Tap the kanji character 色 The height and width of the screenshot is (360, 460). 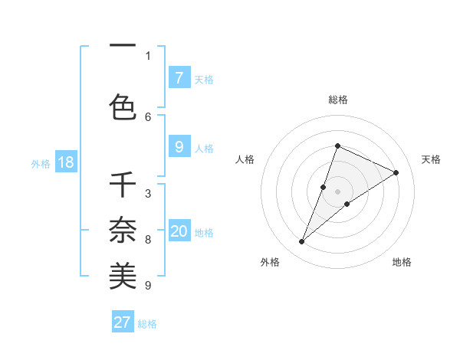tap(123, 106)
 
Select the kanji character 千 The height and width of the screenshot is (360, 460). tap(123, 185)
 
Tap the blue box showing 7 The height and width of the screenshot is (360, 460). tap(179, 78)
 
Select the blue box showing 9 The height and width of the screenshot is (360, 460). tap(179, 147)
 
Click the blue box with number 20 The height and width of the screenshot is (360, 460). tap(179, 231)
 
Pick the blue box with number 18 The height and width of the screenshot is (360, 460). tap(65, 162)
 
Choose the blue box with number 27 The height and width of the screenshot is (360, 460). tap(123, 322)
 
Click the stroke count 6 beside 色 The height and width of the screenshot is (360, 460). tap(148, 116)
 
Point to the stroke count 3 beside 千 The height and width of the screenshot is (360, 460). tap(148, 193)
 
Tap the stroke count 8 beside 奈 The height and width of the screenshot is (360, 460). tap(148, 240)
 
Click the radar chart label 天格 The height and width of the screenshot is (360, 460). tap(431, 159)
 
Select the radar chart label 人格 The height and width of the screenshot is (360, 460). tap(245, 159)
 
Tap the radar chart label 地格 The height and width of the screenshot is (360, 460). tap(402, 262)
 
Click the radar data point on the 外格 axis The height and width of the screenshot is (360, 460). tap(302, 242)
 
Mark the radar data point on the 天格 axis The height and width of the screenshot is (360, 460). tap(396, 172)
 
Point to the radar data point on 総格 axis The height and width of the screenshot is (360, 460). tap(337, 146)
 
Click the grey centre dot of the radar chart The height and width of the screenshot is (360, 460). tap(338, 191)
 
